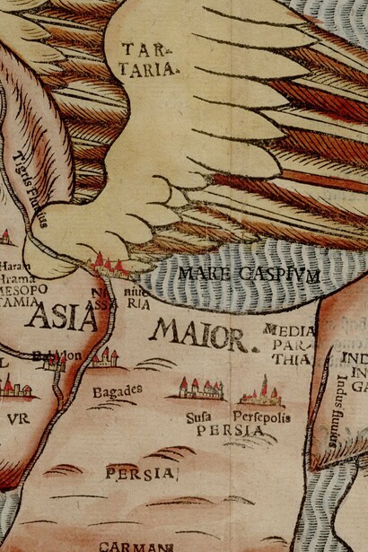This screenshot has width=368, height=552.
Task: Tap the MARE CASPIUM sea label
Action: tap(248, 275)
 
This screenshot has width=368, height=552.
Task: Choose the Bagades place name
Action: tap(117, 391)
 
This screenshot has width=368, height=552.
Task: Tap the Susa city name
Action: tap(198, 416)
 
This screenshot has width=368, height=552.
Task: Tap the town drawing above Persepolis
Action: tap(262, 393)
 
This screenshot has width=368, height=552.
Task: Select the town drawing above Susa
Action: tap(199, 388)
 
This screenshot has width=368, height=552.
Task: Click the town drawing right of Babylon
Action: tap(104, 359)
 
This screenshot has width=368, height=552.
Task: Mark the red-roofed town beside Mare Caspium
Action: tap(110, 264)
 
